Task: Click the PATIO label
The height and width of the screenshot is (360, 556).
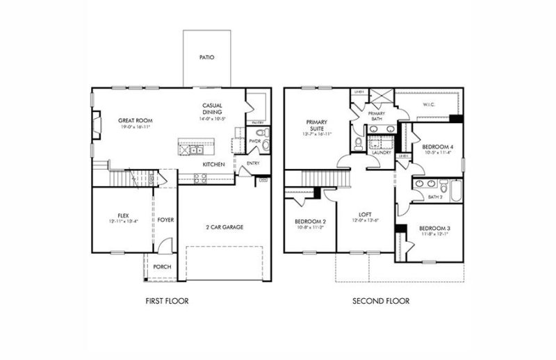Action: coord(206,58)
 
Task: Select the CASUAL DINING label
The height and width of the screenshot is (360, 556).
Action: coord(212,109)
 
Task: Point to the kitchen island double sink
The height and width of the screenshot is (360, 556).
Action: coord(195,149)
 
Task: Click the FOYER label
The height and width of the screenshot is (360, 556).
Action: coord(165,220)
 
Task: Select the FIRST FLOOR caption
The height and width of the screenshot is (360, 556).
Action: coord(166,302)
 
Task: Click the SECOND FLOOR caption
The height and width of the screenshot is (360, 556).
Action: coord(380,302)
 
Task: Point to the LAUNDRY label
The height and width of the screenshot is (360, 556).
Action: coord(382,152)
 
